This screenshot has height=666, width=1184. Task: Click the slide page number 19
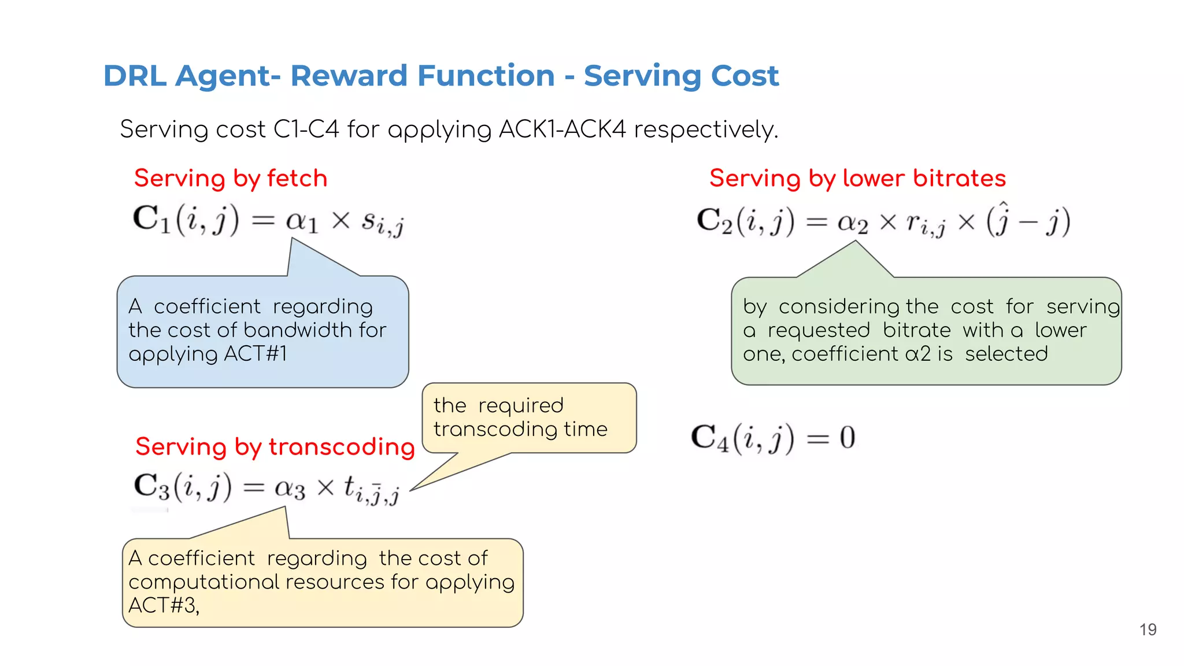coord(1148,630)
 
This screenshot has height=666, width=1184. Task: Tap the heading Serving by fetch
coord(231,178)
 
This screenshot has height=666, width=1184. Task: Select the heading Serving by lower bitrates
coord(857,178)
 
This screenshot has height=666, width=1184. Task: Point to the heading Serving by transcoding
coord(275,447)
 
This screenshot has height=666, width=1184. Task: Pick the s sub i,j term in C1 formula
coord(382,223)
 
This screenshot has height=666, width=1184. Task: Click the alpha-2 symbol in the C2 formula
coord(852,223)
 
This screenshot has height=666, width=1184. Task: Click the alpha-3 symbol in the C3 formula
coord(289,489)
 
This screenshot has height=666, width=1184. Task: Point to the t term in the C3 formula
coord(370,490)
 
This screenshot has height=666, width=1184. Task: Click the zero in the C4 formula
coord(847,438)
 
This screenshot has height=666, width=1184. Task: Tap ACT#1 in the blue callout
coord(255,353)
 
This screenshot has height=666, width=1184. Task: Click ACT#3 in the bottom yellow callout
coord(164,605)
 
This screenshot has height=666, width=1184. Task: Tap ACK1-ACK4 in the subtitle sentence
coord(561,129)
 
